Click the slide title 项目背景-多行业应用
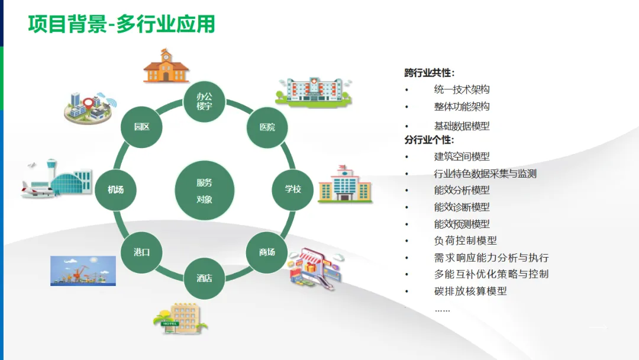click(x=121, y=24)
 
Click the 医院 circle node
click(x=267, y=127)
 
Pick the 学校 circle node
click(x=293, y=189)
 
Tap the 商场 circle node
click(x=267, y=252)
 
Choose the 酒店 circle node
click(x=204, y=278)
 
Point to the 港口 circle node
click(x=141, y=252)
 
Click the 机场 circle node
click(x=116, y=189)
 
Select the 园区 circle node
click(x=141, y=127)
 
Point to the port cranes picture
click(x=83, y=271)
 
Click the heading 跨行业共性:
click(x=430, y=73)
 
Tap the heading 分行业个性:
click(x=430, y=140)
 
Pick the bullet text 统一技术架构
click(x=461, y=89)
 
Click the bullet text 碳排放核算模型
click(x=470, y=291)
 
